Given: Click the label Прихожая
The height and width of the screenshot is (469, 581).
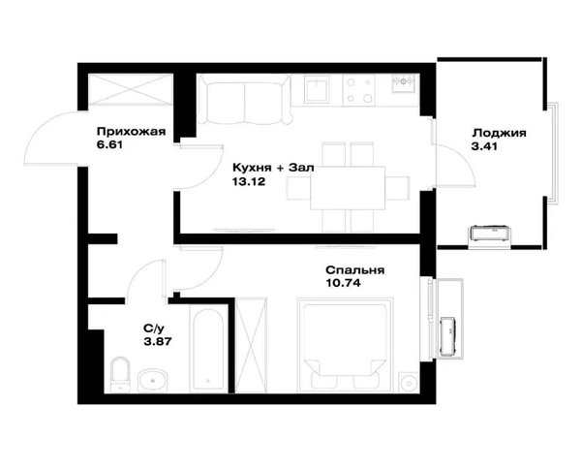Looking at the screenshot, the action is [x=131, y=132].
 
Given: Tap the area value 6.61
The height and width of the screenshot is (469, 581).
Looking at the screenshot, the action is [x=109, y=145].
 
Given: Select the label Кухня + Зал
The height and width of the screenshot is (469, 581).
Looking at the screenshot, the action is [x=273, y=168].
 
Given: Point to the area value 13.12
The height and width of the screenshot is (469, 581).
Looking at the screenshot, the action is [x=249, y=181].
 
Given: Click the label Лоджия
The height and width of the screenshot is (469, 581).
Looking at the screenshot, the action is [x=499, y=133].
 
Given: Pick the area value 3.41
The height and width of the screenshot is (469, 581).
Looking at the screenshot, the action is [x=484, y=146].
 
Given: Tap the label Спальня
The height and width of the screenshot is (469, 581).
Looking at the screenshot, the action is [x=355, y=270].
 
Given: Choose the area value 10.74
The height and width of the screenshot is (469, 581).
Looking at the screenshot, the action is [x=343, y=283].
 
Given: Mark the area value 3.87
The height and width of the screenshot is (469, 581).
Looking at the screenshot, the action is [x=158, y=341].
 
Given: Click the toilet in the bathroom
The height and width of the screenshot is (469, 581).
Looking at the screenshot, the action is [x=120, y=374].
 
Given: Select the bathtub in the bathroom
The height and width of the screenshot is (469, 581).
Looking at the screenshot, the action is [x=208, y=349].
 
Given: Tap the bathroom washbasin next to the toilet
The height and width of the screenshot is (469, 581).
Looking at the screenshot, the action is [x=153, y=380].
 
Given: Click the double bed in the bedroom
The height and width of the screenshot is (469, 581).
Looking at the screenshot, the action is [x=345, y=345].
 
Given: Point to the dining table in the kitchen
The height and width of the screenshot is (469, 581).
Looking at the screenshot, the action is [x=348, y=188].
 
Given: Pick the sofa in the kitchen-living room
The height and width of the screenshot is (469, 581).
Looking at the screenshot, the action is [x=245, y=100].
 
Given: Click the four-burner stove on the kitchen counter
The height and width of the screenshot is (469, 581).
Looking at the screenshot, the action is [x=358, y=90].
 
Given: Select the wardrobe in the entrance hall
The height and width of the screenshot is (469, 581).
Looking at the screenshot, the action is [x=131, y=90].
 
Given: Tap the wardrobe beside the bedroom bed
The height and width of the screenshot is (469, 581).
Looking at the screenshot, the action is [x=251, y=345].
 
